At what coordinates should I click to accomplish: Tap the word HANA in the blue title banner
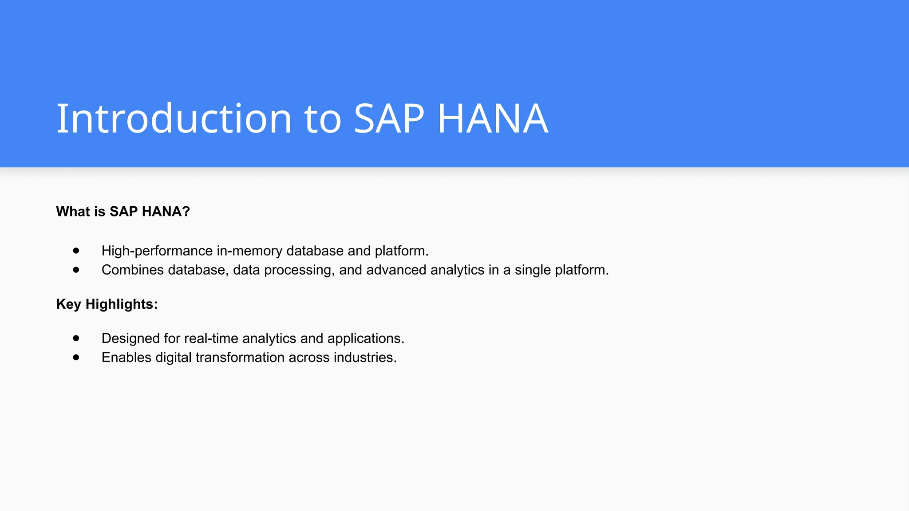[493, 118]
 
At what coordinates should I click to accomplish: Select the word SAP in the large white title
[389, 118]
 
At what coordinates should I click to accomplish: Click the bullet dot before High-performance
[76, 251]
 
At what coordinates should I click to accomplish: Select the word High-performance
[157, 251]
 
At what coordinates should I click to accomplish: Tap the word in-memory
[249, 251]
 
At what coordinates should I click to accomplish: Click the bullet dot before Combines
[76, 270]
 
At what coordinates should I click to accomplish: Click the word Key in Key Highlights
[69, 304]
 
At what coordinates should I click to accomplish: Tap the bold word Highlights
[121, 304]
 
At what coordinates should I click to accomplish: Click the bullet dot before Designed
[76, 338]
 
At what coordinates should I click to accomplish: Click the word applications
[365, 338]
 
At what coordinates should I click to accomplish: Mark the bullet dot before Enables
[76, 357]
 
